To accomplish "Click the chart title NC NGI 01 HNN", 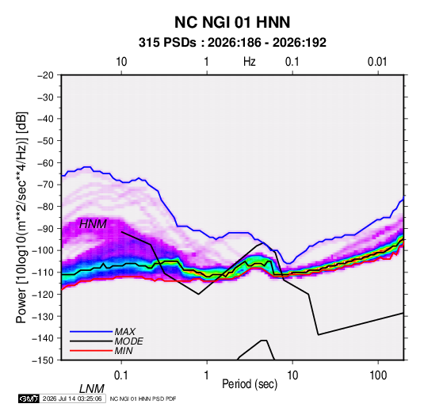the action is coord(232,22).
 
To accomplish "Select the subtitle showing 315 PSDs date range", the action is coord(232,43).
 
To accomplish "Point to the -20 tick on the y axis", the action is coord(45,75).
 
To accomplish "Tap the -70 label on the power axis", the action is coord(45,185).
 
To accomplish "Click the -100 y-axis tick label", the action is coord(43,250).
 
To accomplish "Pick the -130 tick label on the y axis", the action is coord(43,316).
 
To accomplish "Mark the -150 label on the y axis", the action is coord(43,360).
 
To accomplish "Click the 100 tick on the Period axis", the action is coord(378,375).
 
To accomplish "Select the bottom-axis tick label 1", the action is coord(206,375).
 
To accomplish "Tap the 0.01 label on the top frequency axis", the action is coord(377,62).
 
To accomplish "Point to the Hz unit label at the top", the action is coord(250,62).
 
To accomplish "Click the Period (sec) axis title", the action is coord(250,384).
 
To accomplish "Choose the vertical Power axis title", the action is coord(21,217).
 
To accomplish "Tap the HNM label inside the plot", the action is coord(93,224).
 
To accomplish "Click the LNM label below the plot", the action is coord(92,389).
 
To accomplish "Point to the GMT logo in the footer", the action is coord(29,398).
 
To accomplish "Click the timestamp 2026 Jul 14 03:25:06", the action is coord(72,398).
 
